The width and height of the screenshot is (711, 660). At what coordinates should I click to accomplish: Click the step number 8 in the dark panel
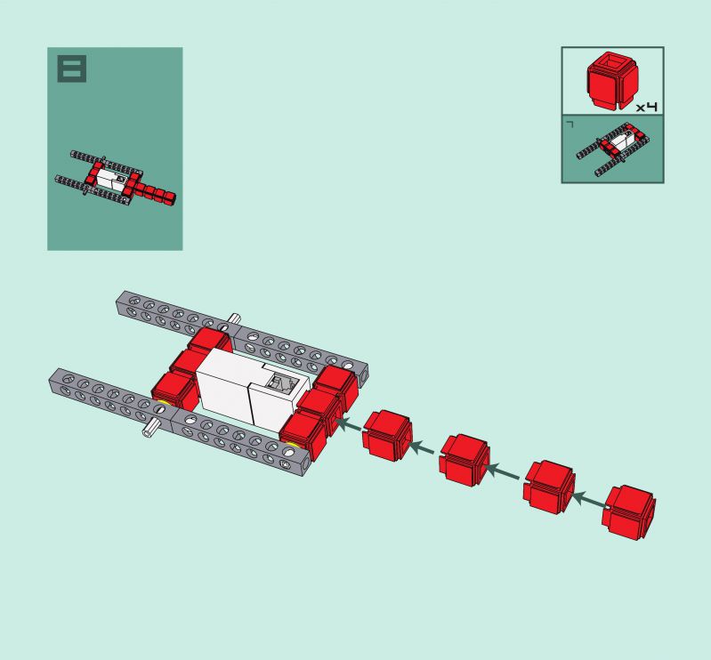(x=72, y=68)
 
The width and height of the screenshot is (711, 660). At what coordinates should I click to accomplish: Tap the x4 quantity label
(x=647, y=107)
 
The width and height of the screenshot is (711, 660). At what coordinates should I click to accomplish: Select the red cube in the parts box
(x=612, y=81)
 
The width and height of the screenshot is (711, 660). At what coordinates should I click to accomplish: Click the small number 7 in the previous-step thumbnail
(x=570, y=124)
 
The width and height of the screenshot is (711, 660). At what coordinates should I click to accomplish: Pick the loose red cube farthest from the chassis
(x=629, y=512)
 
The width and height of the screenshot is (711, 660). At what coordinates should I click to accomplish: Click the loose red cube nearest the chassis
(x=388, y=436)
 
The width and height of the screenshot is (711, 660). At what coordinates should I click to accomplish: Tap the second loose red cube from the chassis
(x=465, y=460)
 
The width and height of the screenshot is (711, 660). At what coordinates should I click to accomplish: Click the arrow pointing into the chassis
(x=349, y=425)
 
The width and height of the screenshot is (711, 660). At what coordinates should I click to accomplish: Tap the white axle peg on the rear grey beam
(x=234, y=318)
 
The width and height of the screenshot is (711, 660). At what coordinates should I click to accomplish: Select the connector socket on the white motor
(x=281, y=382)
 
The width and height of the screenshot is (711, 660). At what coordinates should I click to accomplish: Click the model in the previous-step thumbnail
(x=614, y=149)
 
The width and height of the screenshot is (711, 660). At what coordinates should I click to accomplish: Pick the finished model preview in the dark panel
(x=115, y=178)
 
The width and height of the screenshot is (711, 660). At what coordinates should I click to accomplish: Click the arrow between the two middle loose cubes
(x=503, y=472)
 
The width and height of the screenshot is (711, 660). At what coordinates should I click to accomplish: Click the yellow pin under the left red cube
(x=162, y=403)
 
